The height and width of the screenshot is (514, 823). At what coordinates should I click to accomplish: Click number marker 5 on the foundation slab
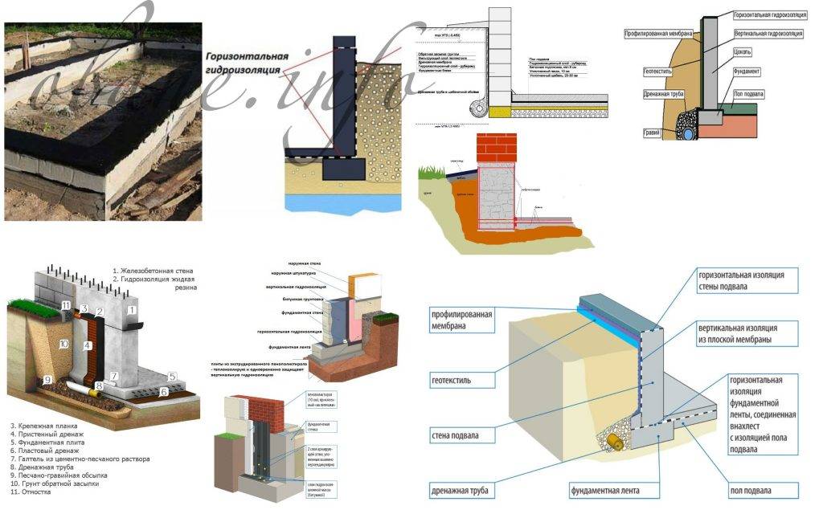click(x=171, y=376)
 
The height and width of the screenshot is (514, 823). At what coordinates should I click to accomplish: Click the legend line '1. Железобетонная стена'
click(x=153, y=271)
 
